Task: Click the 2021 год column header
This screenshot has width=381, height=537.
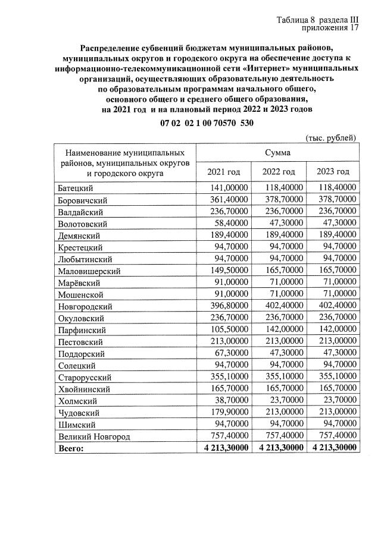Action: (x=223, y=172)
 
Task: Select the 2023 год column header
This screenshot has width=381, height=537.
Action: (x=333, y=172)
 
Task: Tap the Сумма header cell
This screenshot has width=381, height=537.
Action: (x=277, y=152)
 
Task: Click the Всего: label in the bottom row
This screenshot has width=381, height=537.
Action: (x=72, y=449)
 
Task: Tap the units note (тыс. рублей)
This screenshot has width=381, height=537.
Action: (x=331, y=138)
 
